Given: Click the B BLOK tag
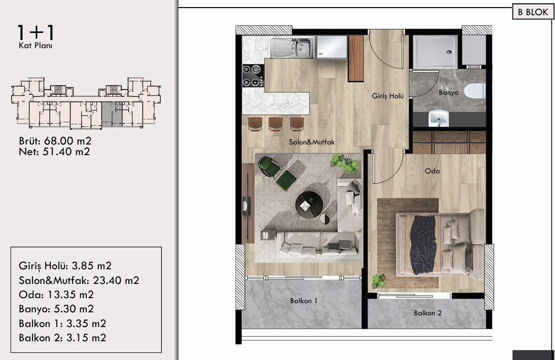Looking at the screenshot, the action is pyautogui.click(x=533, y=12).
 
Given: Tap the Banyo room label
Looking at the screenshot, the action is pyautogui.click(x=448, y=93).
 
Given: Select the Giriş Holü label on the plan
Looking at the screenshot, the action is pyautogui.click(x=388, y=96).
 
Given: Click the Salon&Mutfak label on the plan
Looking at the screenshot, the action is pyautogui.click(x=311, y=142).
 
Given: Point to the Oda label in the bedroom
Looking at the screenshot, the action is pyautogui.click(x=432, y=171).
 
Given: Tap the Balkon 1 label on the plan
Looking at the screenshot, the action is pyautogui.click(x=304, y=301).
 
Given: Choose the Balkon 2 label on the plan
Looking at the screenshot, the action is pyautogui.click(x=428, y=313).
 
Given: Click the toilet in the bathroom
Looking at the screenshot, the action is pyautogui.click(x=475, y=91).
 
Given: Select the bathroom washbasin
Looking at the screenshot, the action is pyautogui.click(x=438, y=118).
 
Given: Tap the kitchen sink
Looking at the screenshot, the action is pyautogui.click(x=292, y=48).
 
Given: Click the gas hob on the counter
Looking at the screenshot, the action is pyautogui.click(x=253, y=76).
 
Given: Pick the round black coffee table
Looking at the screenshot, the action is pyautogui.click(x=309, y=205).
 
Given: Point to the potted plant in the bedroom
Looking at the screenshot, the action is pyautogui.click(x=378, y=281).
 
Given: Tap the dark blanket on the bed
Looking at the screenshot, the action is pyautogui.click(x=423, y=244).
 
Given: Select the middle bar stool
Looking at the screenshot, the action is pyautogui.click(x=275, y=124).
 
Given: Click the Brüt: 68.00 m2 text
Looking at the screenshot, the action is pyautogui.click(x=55, y=141).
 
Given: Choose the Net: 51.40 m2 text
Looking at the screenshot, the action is pyautogui.click(x=54, y=152).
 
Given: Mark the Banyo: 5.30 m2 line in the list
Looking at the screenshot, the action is pyautogui.click(x=56, y=309).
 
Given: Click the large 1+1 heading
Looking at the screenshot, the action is pyautogui.click(x=36, y=32).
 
